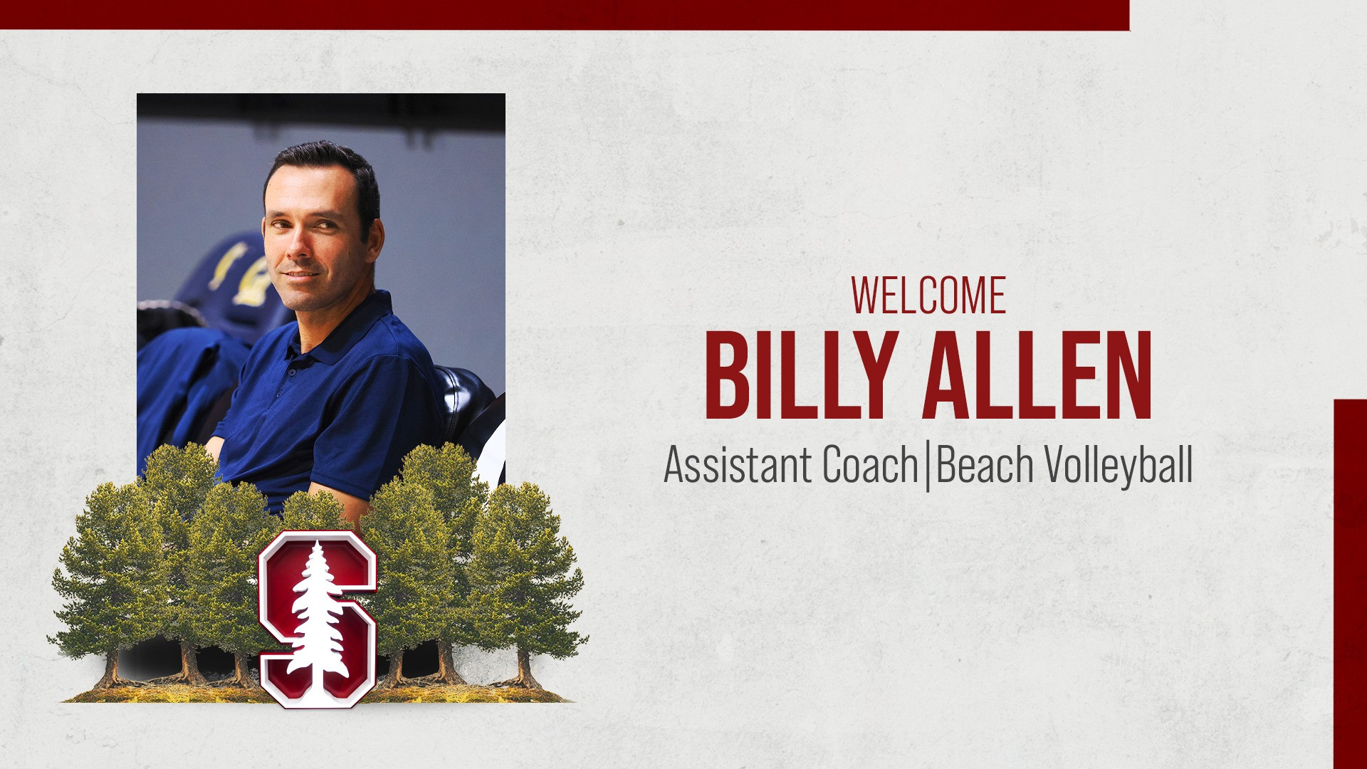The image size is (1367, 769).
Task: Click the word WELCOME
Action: pos(928,295)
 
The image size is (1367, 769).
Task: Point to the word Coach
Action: pos(870,465)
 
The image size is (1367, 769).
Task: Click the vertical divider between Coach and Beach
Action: pos(927,466)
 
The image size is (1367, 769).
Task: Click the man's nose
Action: pos(298,246)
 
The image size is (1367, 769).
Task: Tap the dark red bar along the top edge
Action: pos(562,14)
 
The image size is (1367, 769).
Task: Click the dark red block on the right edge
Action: pos(1350,584)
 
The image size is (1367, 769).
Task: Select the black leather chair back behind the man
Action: pos(463,399)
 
